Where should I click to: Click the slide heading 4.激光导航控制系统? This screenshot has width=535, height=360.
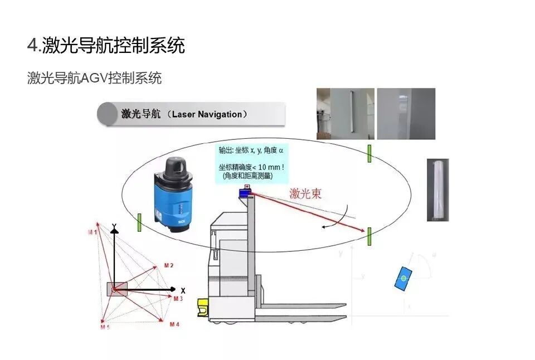[x=106, y=45]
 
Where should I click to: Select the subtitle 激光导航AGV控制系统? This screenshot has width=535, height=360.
[x=95, y=77]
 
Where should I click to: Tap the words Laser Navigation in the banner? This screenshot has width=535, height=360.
[x=207, y=114]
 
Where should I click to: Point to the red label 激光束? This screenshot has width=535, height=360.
[x=305, y=194]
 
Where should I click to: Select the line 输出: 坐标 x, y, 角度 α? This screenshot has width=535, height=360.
[x=251, y=150]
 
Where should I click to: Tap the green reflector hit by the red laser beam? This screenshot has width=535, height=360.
[x=369, y=236]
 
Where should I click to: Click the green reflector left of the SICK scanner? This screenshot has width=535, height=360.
[x=139, y=223]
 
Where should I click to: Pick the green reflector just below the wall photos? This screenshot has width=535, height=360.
[x=369, y=154]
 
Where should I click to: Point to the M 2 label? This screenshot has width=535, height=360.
[x=168, y=266]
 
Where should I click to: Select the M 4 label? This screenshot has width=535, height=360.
[x=174, y=324]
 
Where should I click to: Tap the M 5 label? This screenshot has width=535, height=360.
[x=105, y=327]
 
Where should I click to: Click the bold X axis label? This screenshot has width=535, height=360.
[x=183, y=290]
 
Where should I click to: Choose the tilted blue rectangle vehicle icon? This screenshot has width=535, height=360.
[x=403, y=278]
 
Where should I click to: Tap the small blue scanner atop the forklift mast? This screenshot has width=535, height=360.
[x=246, y=192]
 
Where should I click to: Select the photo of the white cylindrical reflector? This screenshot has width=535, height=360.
[x=438, y=190]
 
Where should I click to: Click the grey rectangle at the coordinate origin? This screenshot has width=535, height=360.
[x=117, y=289]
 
